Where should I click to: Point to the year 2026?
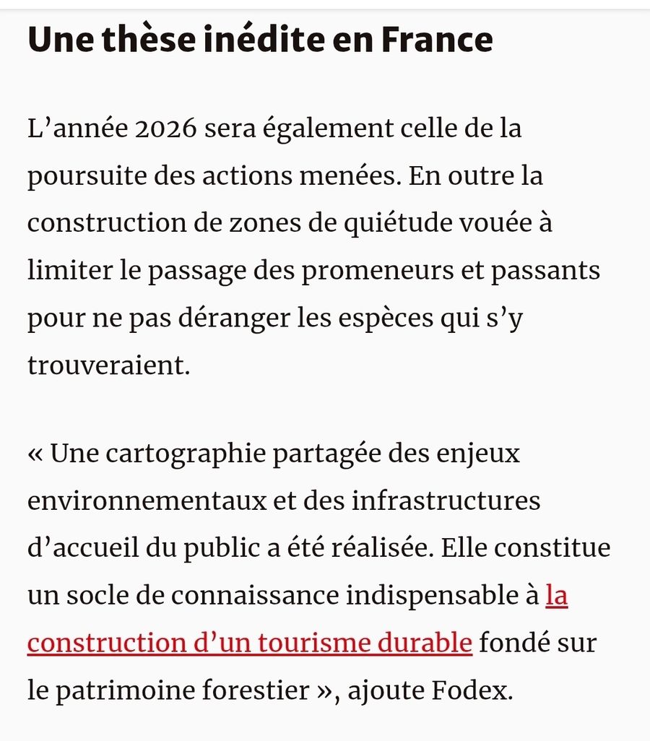165,130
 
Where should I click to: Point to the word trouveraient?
108,365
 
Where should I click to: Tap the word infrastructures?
446,501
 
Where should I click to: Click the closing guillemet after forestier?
324,691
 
